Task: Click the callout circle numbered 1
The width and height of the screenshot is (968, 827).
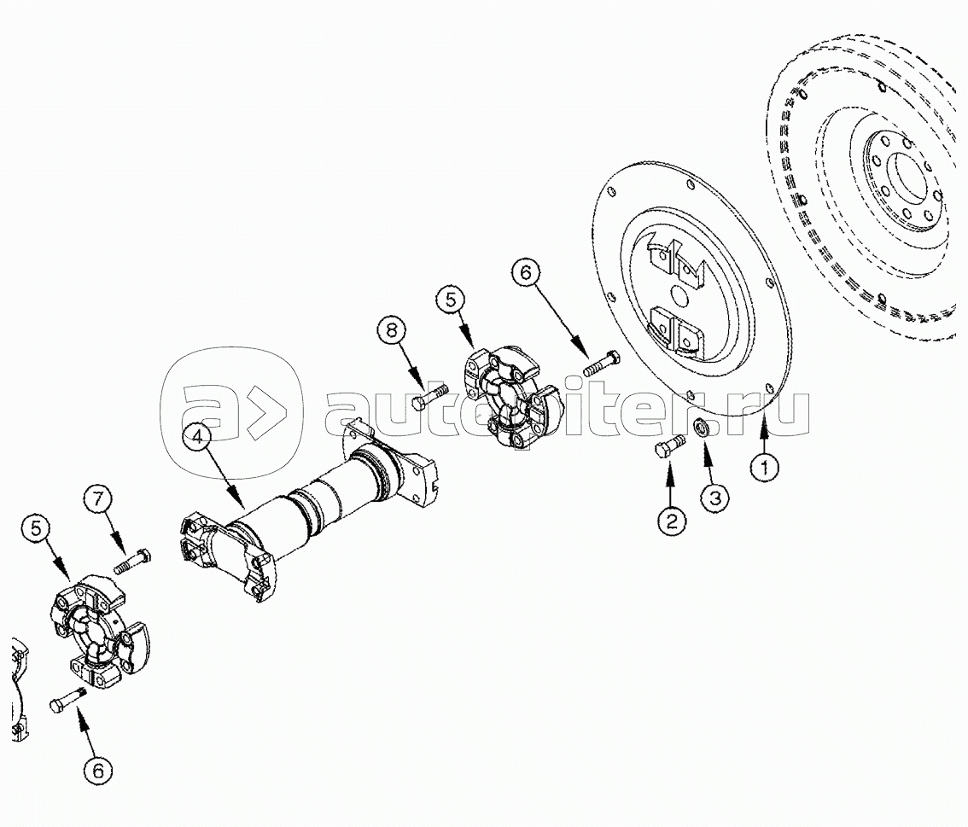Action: tap(764, 468)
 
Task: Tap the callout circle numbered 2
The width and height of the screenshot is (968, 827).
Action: tap(671, 521)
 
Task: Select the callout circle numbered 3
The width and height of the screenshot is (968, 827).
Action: tap(714, 498)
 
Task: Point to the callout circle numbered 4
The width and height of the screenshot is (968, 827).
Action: tap(197, 438)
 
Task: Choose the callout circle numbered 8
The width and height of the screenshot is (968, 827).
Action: tap(393, 331)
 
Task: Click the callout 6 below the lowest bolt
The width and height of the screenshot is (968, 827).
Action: tap(99, 770)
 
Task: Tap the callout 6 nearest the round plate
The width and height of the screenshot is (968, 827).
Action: tap(526, 272)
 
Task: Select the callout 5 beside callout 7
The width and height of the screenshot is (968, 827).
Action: tap(37, 528)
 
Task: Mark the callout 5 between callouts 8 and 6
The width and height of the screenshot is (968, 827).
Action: tap(451, 300)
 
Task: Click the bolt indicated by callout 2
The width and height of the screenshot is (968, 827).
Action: tap(669, 446)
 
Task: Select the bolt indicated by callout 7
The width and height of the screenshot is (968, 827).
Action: tap(132, 562)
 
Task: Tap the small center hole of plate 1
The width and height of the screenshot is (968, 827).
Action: tap(679, 295)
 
